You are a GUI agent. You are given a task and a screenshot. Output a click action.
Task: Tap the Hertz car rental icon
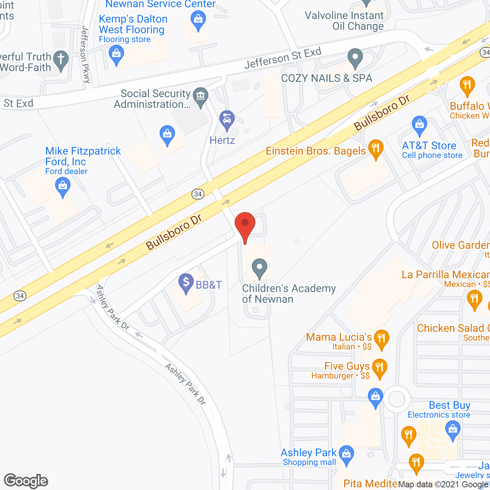click(227, 120)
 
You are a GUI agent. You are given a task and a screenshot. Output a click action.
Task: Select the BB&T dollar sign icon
click(186, 283)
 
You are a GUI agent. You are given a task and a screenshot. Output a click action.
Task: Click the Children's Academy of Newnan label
click(289, 293)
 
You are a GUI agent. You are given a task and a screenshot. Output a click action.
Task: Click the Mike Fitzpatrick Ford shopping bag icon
click(63, 188)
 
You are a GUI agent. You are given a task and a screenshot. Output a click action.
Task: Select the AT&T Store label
click(429, 146)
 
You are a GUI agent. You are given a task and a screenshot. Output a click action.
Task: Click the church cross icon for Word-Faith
click(61, 60)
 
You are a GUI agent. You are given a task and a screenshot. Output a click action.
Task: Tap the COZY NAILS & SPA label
click(327, 78)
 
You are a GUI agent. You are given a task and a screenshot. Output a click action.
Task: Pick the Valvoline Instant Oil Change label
click(344, 21)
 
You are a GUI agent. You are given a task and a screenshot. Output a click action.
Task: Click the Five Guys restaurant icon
click(379, 368)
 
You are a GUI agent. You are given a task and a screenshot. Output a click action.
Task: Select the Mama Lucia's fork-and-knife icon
click(381, 339)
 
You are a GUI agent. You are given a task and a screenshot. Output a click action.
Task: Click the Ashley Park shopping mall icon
click(346, 455)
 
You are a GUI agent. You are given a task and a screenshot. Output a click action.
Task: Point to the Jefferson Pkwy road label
click(85, 54)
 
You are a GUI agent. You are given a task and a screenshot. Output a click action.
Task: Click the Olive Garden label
click(460, 245)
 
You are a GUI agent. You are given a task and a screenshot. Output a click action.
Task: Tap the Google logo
click(26, 481)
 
